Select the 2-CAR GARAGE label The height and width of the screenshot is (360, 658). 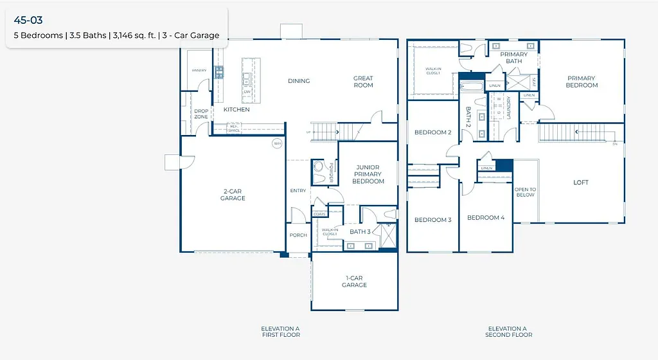[x=233, y=195]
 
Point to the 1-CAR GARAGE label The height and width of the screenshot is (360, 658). [x=354, y=282]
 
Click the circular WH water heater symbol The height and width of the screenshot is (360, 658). [x=277, y=143]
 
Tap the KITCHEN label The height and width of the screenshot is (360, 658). [x=236, y=110]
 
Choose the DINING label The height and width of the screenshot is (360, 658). [x=299, y=81]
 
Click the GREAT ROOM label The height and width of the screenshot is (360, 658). [x=363, y=82]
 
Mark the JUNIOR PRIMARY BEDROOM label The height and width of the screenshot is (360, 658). [x=368, y=174]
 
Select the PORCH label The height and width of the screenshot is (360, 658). [x=298, y=235]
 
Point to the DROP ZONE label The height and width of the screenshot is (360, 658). [x=201, y=114]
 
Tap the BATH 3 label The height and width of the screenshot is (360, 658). [x=360, y=231]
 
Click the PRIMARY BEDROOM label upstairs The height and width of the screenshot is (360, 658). [x=581, y=82]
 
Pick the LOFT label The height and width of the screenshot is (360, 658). [x=581, y=183]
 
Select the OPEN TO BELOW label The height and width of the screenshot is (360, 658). [x=525, y=192]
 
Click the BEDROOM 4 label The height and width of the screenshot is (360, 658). [x=485, y=218]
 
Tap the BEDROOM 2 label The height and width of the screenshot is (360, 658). [x=432, y=132]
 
